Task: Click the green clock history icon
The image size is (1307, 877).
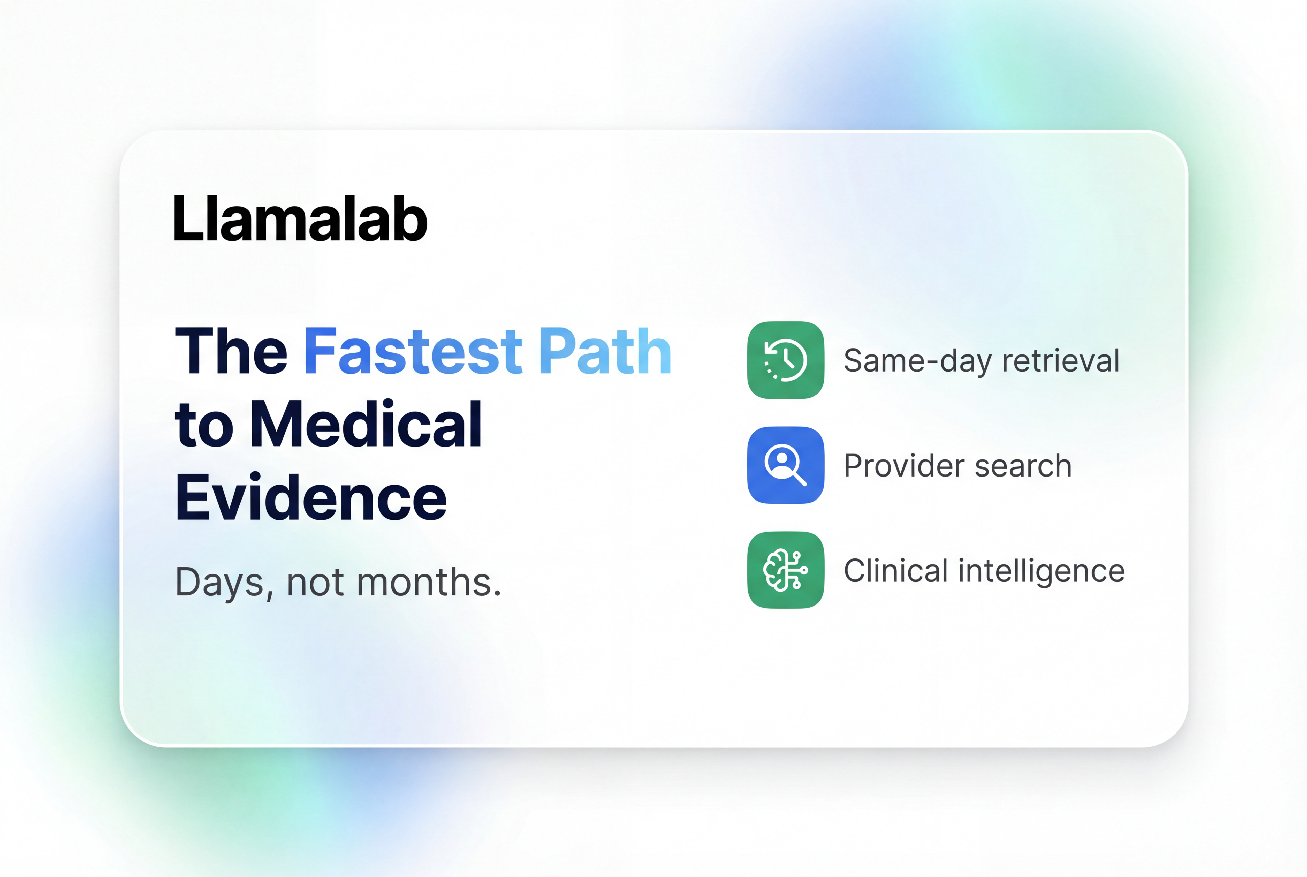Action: pyautogui.click(x=785, y=360)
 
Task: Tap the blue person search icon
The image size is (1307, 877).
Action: pyautogui.click(x=785, y=465)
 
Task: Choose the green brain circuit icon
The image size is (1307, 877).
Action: pyautogui.click(x=785, y=570)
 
